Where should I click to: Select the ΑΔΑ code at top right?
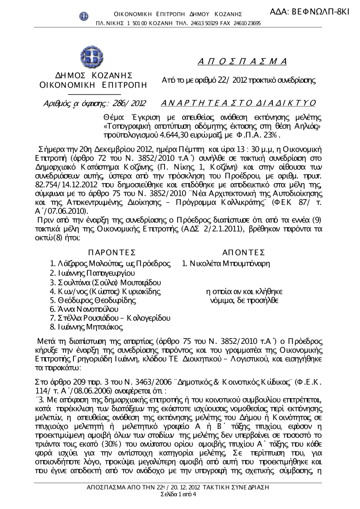coord(309,12)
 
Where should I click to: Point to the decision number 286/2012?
coord(129,104)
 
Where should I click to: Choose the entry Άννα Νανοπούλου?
coord(84,309)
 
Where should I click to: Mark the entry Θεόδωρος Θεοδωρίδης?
coord(93,300)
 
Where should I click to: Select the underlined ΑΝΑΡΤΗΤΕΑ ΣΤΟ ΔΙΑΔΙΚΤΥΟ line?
coord(238,104)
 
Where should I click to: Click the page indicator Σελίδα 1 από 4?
coord(179,494)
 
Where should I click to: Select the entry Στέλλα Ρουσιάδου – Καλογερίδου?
coord(110,318)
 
